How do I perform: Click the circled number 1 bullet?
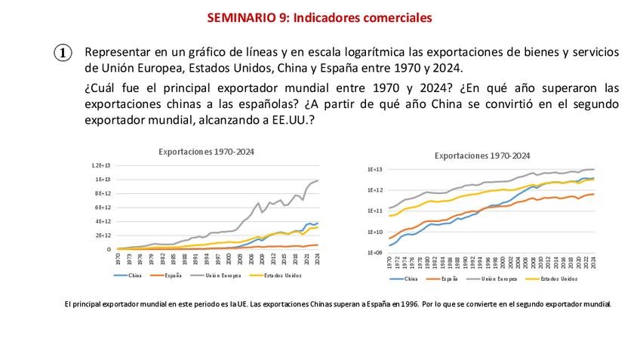(63, 53)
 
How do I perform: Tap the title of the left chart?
(206, 151)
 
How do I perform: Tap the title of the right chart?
(483, 155)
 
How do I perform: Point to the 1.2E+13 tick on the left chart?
(101, 165)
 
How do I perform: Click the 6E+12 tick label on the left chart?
(103, 207)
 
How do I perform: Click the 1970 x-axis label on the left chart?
(118, 259)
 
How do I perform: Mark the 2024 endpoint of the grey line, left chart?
(318, 180)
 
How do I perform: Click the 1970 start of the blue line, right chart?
(389, 245)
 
